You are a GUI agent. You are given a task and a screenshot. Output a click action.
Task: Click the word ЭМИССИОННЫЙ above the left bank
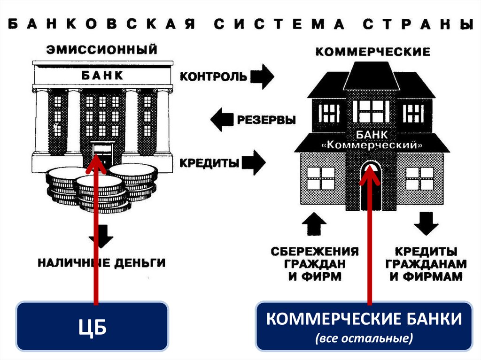point(101,49)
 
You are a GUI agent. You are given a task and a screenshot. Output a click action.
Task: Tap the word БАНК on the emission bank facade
point(101,75)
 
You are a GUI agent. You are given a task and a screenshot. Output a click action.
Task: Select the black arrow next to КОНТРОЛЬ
point(261,77)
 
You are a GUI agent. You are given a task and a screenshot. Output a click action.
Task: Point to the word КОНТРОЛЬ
point(213,77)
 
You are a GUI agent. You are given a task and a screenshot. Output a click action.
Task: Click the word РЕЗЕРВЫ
point(266,120)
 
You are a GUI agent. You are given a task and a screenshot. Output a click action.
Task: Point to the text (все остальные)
point(364,339)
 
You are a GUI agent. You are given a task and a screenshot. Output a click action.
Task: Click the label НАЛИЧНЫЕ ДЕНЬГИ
point(101,262)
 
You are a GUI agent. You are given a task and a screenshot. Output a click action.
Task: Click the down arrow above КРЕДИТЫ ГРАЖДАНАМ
point(427,223)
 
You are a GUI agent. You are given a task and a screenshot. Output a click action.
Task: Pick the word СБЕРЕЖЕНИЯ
point(315,251)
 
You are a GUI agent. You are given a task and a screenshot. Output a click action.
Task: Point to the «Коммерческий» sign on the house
point(371,146)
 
